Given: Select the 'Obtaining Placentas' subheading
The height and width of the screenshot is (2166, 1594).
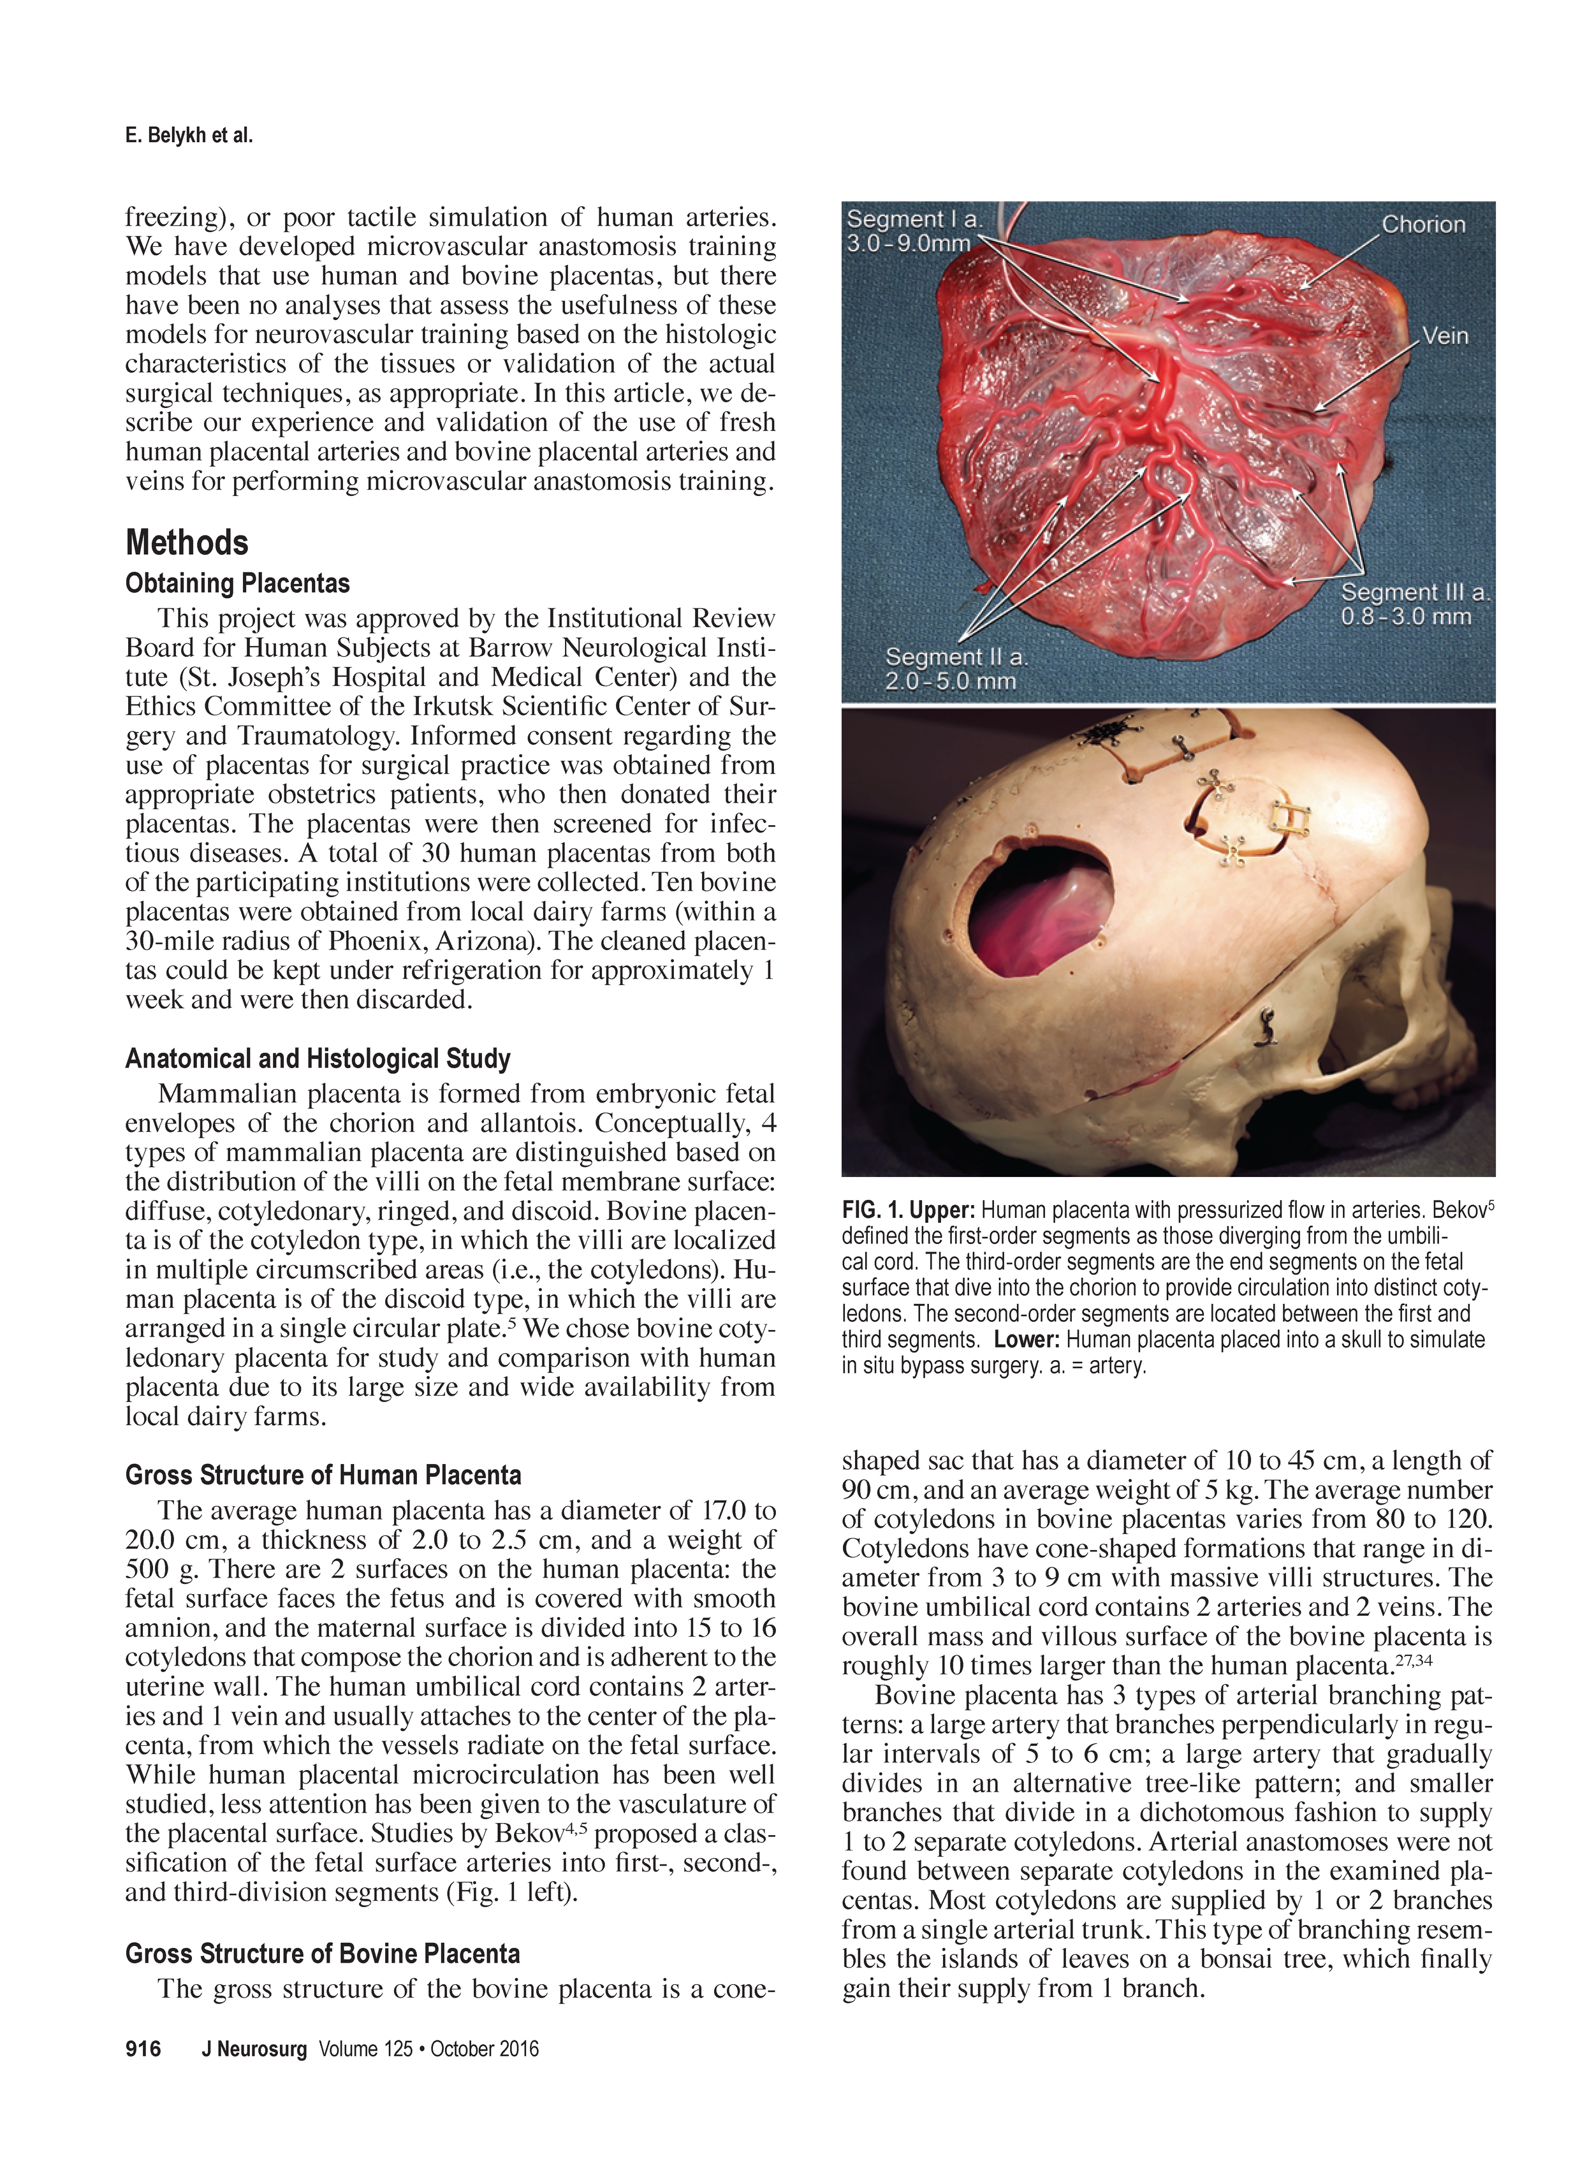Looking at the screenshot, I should click(x=237, y=583).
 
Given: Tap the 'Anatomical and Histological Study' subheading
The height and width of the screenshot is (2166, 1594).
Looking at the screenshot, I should click(x=318, y=1059).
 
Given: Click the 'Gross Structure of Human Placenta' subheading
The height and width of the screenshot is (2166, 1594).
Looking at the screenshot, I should click(x=323, y=1475).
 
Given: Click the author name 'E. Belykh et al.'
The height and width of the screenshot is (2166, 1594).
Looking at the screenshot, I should click(x=189, y=136).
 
